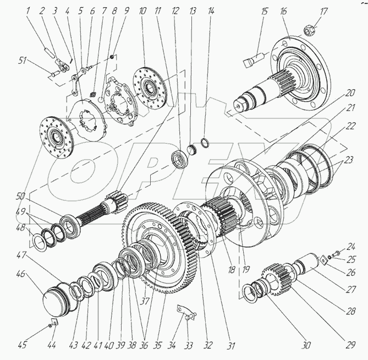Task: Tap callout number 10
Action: click(x=142, y=11)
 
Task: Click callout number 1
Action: click(x=28, y=11)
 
